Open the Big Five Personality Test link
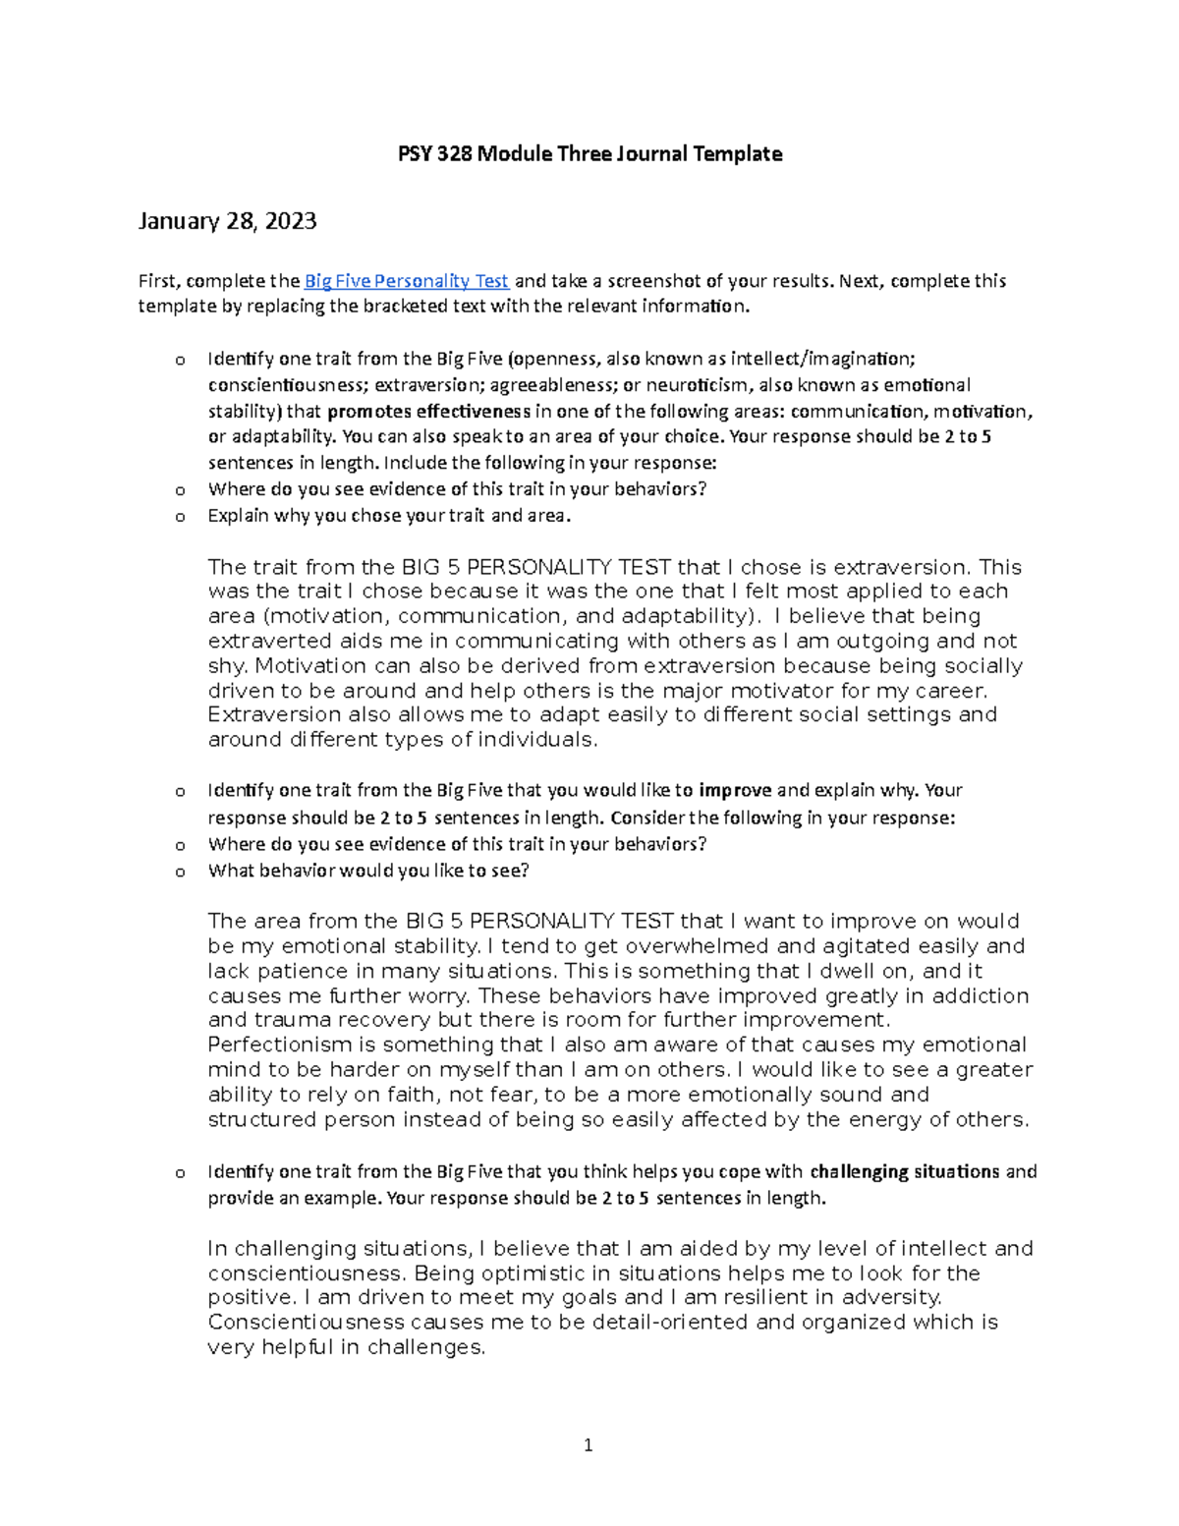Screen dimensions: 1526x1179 406,281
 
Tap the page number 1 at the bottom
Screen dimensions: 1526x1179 588,1444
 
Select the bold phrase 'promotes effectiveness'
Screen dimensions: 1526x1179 428,411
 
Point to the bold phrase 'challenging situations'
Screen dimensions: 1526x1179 904,1171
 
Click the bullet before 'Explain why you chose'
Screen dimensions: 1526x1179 180,516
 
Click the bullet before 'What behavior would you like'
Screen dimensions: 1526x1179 180,871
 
